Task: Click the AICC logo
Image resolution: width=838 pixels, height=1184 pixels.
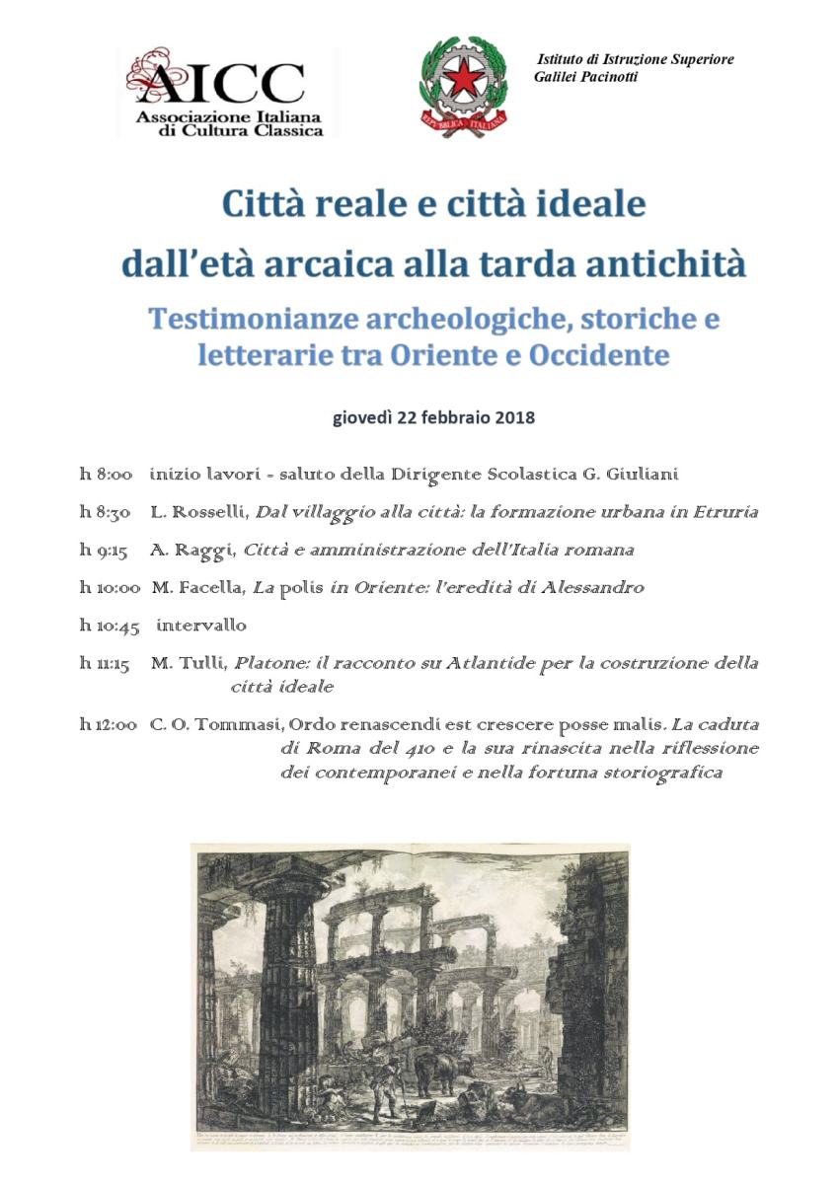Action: point(225,91)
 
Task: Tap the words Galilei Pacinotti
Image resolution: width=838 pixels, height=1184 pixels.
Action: point(585,77)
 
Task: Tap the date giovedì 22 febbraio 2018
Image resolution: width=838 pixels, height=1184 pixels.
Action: point(433,416)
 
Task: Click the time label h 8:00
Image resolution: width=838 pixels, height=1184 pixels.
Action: point(106,475)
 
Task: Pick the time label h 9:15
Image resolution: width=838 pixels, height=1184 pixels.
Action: point(104,550)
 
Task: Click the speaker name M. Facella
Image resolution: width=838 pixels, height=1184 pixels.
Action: point(197,587)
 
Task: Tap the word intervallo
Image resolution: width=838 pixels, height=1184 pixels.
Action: point(201,626)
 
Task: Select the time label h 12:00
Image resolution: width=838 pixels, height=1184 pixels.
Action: point(108,724)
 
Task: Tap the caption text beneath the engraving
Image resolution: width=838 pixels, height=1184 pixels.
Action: point(410,1138)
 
